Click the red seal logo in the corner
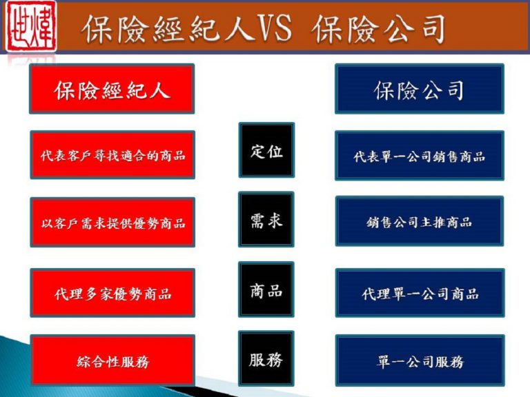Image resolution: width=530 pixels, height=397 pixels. (32, 26)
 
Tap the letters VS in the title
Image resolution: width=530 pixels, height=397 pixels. (274, 28)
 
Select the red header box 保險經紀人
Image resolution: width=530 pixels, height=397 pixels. (112, 88)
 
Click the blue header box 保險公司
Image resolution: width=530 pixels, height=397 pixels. (420, 88)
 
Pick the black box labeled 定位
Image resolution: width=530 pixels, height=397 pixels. (266, 150)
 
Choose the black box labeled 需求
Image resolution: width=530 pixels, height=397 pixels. (266, 219)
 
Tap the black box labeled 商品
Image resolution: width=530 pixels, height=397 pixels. (266, 289)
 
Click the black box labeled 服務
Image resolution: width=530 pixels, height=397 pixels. (266, 358)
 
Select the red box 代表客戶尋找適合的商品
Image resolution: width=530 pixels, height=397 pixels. (112, 154)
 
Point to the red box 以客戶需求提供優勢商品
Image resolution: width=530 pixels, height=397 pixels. (112, 222)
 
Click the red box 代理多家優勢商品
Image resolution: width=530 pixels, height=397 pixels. (112, 293)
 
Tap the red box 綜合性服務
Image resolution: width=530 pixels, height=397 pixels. (112, 360)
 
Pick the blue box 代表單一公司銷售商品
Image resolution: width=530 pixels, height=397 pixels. (420, 156)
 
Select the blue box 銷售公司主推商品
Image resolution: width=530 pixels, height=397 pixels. (420, 221)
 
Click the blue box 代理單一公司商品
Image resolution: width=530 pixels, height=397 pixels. (420, 293)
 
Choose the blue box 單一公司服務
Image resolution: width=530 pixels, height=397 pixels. (420, 360)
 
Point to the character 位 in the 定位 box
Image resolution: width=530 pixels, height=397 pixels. (275, 150)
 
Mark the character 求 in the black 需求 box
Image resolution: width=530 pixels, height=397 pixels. (275, 221)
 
